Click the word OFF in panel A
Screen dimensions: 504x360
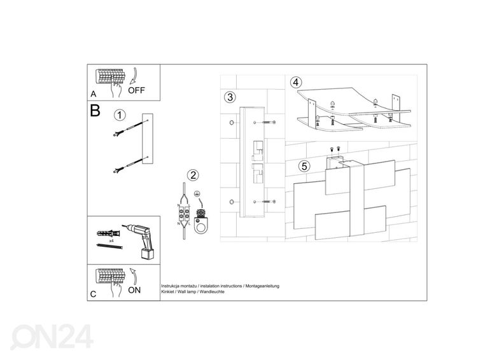pos(136,90)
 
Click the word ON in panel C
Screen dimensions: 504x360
pos(134,290)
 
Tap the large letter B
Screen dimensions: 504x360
pos(95,110)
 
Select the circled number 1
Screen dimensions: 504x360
pos(120,115)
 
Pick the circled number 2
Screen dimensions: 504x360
pos(193,175)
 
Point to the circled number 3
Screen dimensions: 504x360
pos(230,97)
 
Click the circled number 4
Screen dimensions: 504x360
pos(296,82)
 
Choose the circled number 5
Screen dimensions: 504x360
pos(304,167)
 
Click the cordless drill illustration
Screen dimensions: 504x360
pos(141,241)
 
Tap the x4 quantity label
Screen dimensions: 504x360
pos(111,240)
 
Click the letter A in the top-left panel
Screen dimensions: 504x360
pos(93,93)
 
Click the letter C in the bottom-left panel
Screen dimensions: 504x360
pos(93,294)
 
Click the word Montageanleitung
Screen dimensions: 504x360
pos(262,286)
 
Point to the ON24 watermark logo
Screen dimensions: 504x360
pos(52,337)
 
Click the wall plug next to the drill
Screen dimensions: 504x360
pos(109,233)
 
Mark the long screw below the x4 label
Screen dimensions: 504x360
pos(110,246)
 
